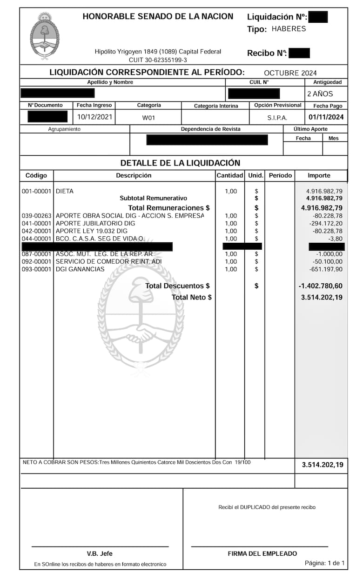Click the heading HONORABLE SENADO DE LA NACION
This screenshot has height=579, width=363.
158,17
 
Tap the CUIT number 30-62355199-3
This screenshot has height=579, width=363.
158,60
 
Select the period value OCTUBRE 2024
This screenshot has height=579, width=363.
290,73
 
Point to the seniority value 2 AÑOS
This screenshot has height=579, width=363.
320,93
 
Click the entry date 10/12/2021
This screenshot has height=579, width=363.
95,117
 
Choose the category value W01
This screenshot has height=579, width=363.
148,118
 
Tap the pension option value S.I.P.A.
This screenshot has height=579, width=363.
277,118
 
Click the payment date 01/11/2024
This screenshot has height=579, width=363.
326,117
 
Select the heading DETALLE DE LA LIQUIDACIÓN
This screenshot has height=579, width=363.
180,163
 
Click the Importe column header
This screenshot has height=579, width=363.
319,175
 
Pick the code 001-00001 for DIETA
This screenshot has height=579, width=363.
36,191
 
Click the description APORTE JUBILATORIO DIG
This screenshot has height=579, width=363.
95,223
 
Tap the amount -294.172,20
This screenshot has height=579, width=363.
326,223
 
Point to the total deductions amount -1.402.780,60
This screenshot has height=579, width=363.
321,286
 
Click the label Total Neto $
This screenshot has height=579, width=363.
191,297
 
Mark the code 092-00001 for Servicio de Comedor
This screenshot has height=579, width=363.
36,261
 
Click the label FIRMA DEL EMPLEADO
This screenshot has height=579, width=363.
262,553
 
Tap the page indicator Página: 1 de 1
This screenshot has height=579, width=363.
324,563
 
